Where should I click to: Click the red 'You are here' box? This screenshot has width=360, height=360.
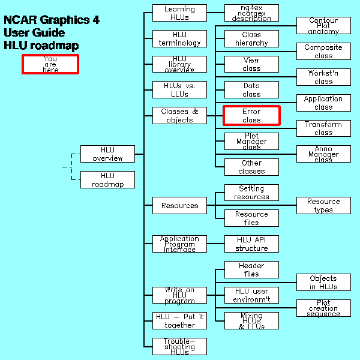pos(50,64)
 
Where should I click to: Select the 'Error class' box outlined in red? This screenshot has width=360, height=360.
pos(251,116)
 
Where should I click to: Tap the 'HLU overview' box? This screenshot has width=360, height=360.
pos(107,154)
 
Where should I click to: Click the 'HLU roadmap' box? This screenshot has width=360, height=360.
pos(107,180)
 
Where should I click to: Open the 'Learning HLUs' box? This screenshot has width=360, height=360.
pos(179,13)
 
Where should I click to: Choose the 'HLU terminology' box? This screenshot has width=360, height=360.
pos(179,39)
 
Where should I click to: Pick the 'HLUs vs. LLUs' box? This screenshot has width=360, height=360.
pos(179,90)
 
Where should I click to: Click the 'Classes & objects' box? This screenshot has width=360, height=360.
pos(179,116)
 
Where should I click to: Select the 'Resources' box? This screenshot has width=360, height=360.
pos(179,206)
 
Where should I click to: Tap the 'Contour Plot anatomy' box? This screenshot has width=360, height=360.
pos(323,26)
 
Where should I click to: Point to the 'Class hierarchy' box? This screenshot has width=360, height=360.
pos(251,39)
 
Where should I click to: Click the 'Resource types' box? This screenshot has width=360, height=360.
pos(323,206)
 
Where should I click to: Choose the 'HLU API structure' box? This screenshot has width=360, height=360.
pos(251,244)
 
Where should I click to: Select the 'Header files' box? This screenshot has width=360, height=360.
pos(251,270)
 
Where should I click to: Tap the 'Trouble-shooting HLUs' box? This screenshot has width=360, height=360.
pos(179,347)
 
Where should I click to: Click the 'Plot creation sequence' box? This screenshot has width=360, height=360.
pos(323,308)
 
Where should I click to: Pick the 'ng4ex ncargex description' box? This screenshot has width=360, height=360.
pos(251,13)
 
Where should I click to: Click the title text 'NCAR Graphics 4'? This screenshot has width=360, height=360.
pos(52,20)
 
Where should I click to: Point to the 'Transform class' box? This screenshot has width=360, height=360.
pos(323,128)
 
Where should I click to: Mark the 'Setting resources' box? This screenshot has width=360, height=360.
pos(251,193)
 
